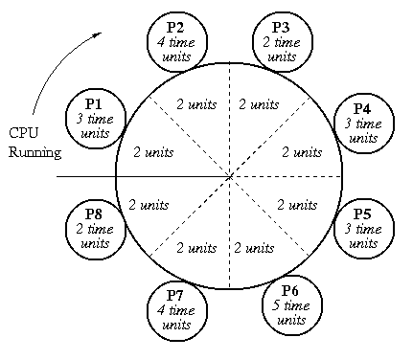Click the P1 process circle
click(x=95, y=118)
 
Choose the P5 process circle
click(x=362, y=223)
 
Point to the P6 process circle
click(x=289, y=303)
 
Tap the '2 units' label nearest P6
click(x=255, y=247)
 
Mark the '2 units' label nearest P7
click(x=197, y=247)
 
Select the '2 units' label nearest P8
click(x=149, y=203)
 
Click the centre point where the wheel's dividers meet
click(x=229, y=177)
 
